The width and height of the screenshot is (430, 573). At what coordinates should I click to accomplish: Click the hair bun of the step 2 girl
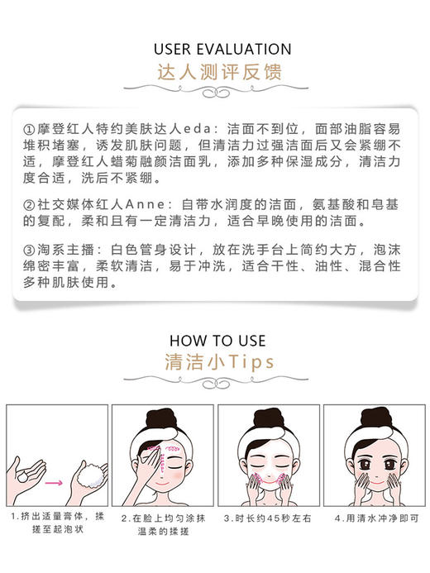click(160, 418)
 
